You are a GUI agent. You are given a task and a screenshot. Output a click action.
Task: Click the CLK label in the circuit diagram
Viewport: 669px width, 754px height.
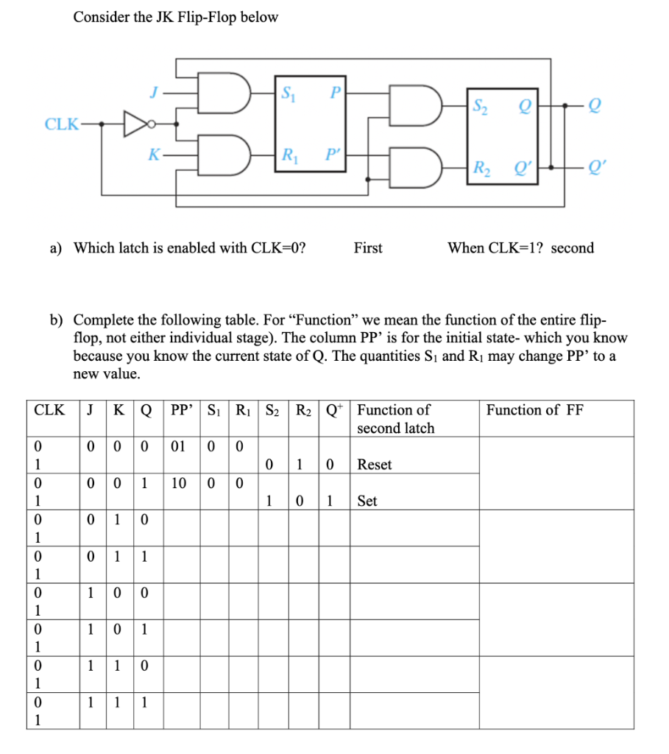click(62, 123)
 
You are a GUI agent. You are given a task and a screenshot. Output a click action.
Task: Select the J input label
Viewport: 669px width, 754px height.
click(154, 94)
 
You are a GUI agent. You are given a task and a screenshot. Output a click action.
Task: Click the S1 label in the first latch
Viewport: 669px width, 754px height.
click(287, 94)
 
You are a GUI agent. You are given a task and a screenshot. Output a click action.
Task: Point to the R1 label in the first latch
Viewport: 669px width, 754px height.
click(287, 155)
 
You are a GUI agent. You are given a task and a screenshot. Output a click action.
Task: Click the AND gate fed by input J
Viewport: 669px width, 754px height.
click(229, 93)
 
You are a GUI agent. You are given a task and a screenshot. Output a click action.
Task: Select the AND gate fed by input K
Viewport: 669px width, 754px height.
click(229, 155)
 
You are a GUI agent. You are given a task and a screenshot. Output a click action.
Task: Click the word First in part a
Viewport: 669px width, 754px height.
click(368, 248)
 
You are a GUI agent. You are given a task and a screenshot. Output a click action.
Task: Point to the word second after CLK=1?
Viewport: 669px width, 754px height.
click(572, 248)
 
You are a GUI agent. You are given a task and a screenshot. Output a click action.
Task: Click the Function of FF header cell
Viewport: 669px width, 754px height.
click(535, 410)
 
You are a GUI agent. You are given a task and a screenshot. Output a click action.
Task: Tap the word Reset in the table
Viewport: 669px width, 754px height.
click(374, 465)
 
